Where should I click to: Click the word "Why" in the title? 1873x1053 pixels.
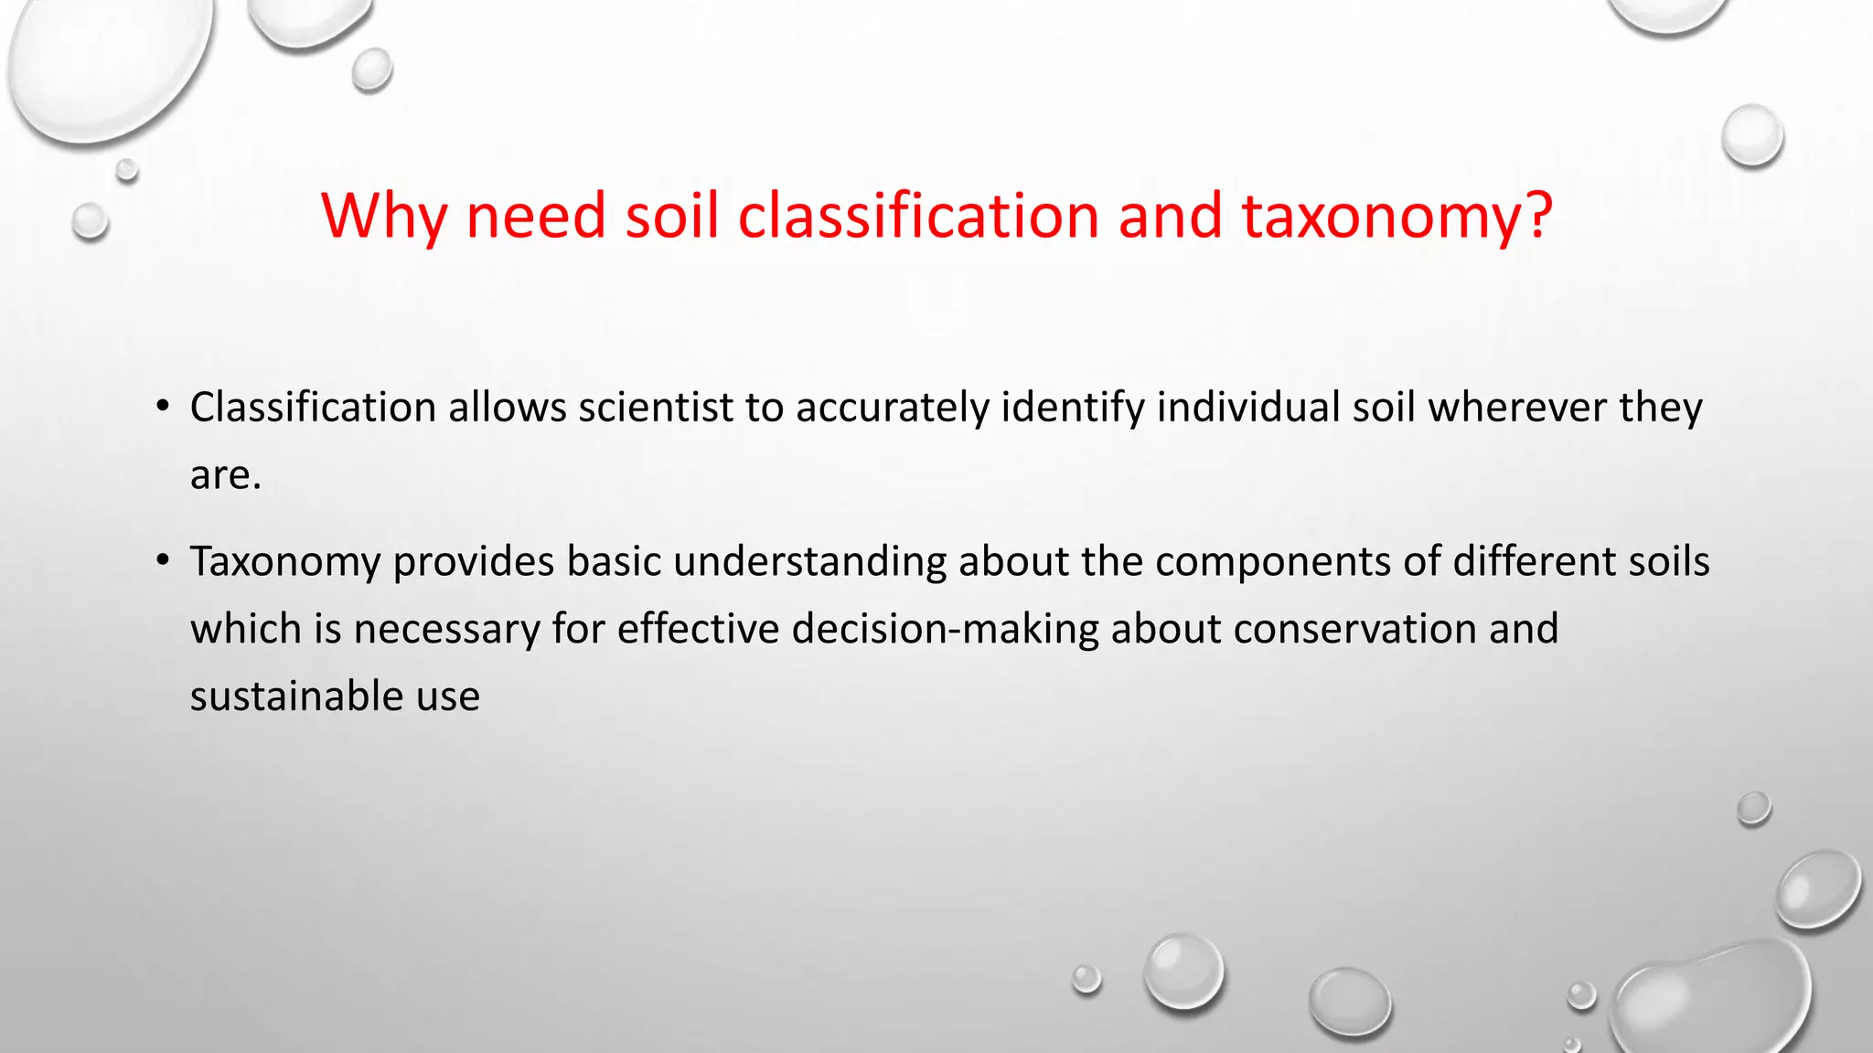click(x=384, y=217)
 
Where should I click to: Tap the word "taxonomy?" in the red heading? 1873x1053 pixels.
click(x=1397, y=217)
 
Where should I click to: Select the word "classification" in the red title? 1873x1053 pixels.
click(x=918, y=217)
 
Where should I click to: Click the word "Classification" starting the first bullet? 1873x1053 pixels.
click(x=313, y=408)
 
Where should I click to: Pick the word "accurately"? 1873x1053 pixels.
click(x=893, y=408)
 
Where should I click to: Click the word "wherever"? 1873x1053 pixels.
click(x=1517, y=408)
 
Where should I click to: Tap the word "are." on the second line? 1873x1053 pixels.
click(x=226, y=475)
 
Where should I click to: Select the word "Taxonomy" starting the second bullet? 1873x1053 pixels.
click(x=285, y=562)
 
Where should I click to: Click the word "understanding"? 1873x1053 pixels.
click(x=809, y=562)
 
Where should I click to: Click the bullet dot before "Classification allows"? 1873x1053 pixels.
click(x=163, y=407)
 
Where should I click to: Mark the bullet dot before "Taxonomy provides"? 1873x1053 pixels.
click(x=163, y=561)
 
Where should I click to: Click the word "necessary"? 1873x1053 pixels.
click(x=447, y=630)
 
